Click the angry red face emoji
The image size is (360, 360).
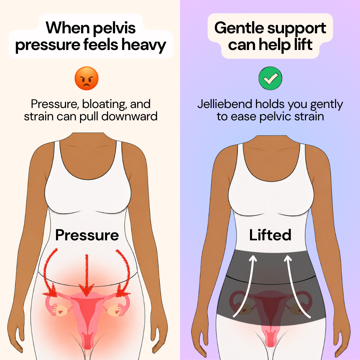[x=87, y=78]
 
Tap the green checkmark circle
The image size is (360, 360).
[x=270, y=78]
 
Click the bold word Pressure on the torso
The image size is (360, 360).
[x=87, y=235]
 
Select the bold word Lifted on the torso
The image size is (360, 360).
[x=270, y=235]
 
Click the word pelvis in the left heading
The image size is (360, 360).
[x=114, y=28]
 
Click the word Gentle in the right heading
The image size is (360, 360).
[x=239, y=28]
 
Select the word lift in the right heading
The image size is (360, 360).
[x=303, y=44]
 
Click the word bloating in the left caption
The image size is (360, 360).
[x=104, y=104]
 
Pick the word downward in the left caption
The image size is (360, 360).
[x=129, y=116]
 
